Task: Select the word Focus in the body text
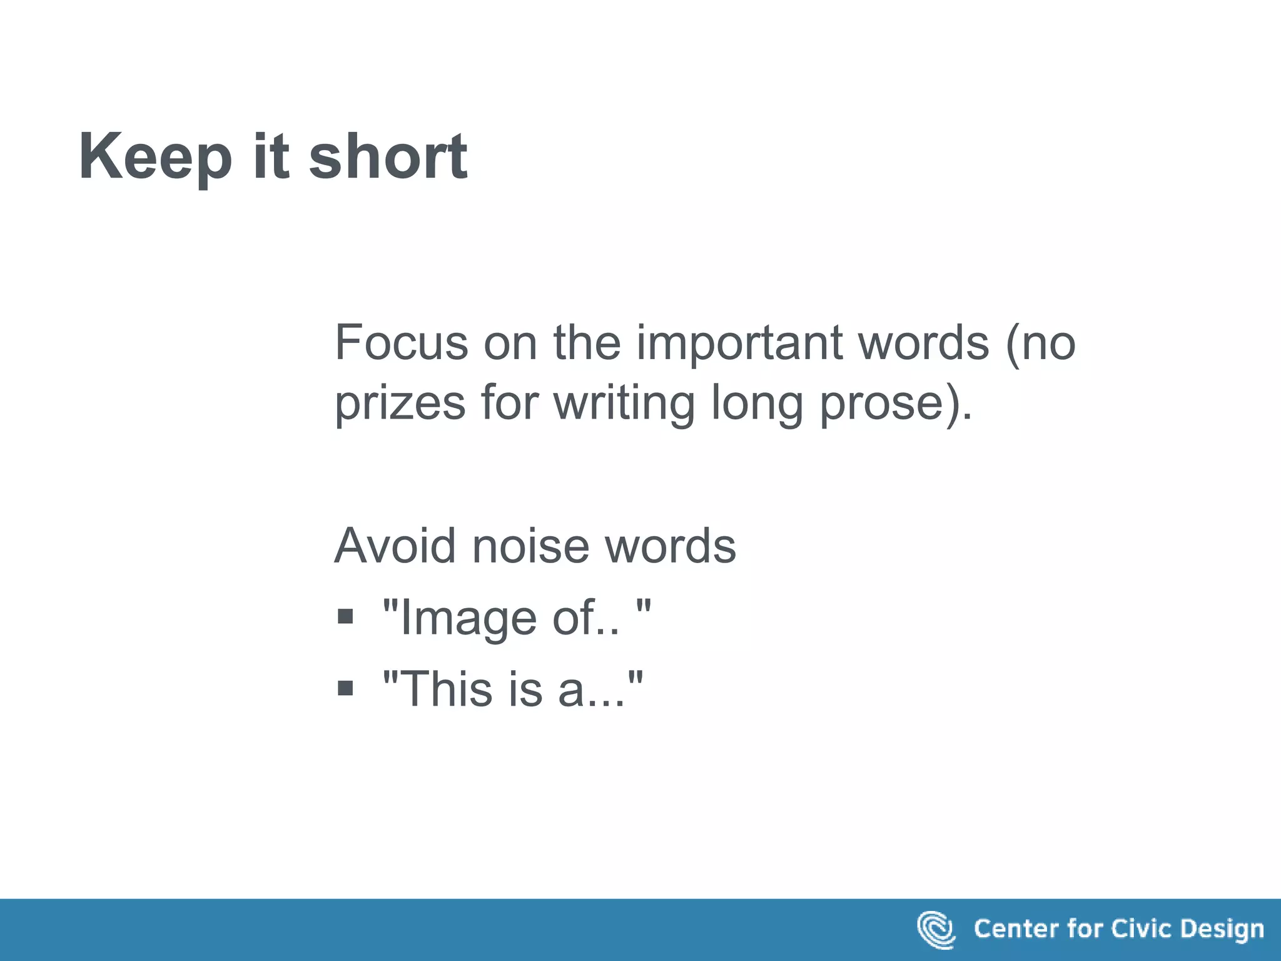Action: click(401, 342)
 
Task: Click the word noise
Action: click(530, 546)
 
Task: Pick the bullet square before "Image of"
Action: click(345, 617)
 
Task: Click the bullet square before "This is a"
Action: click(345, 689)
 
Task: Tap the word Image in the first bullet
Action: click(468, 618)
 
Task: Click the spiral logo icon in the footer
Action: click(936, 930)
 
